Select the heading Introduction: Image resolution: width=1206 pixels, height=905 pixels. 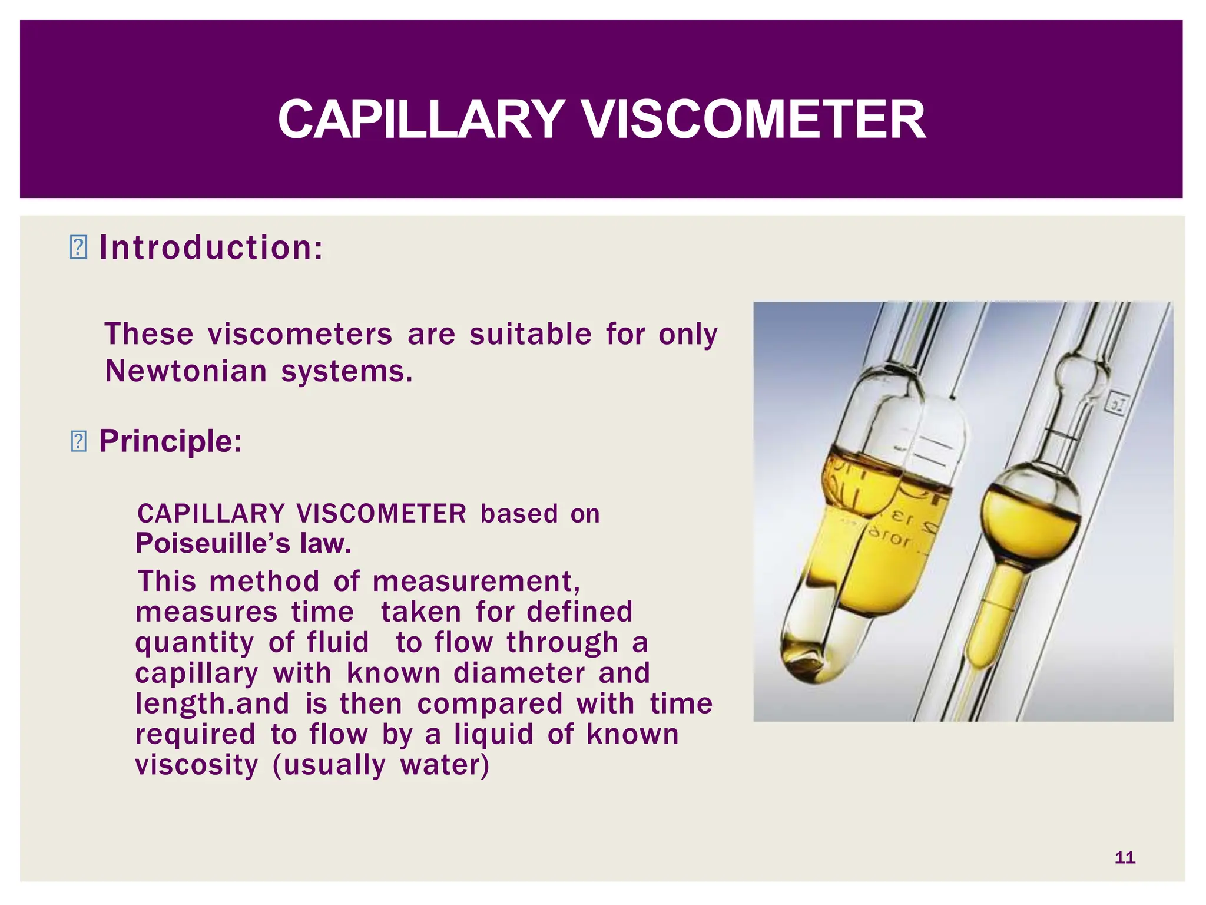[x=211, y=247]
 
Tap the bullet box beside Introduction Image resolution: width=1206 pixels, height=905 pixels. [x=78, y=247]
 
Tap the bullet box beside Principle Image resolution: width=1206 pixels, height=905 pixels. [x=78, y=442]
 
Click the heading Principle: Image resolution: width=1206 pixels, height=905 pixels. [x=171, y=441]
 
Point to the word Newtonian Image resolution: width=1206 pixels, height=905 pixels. [x=186, y=371]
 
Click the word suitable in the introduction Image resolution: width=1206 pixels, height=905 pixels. [x=530, y=334]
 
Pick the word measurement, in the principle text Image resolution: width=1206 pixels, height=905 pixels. [x=476, y=582]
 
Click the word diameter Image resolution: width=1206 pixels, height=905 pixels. [x=519, y=673]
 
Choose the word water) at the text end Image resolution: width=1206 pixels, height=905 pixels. [x=445, y=765]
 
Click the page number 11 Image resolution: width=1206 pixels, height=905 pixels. [x=1125, y=857]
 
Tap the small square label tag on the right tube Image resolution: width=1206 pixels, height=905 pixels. [x=1116, y=404]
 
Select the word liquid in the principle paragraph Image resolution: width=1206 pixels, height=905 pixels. [x=493, y=734]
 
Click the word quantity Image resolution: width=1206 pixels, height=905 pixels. [x=194, y=642]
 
